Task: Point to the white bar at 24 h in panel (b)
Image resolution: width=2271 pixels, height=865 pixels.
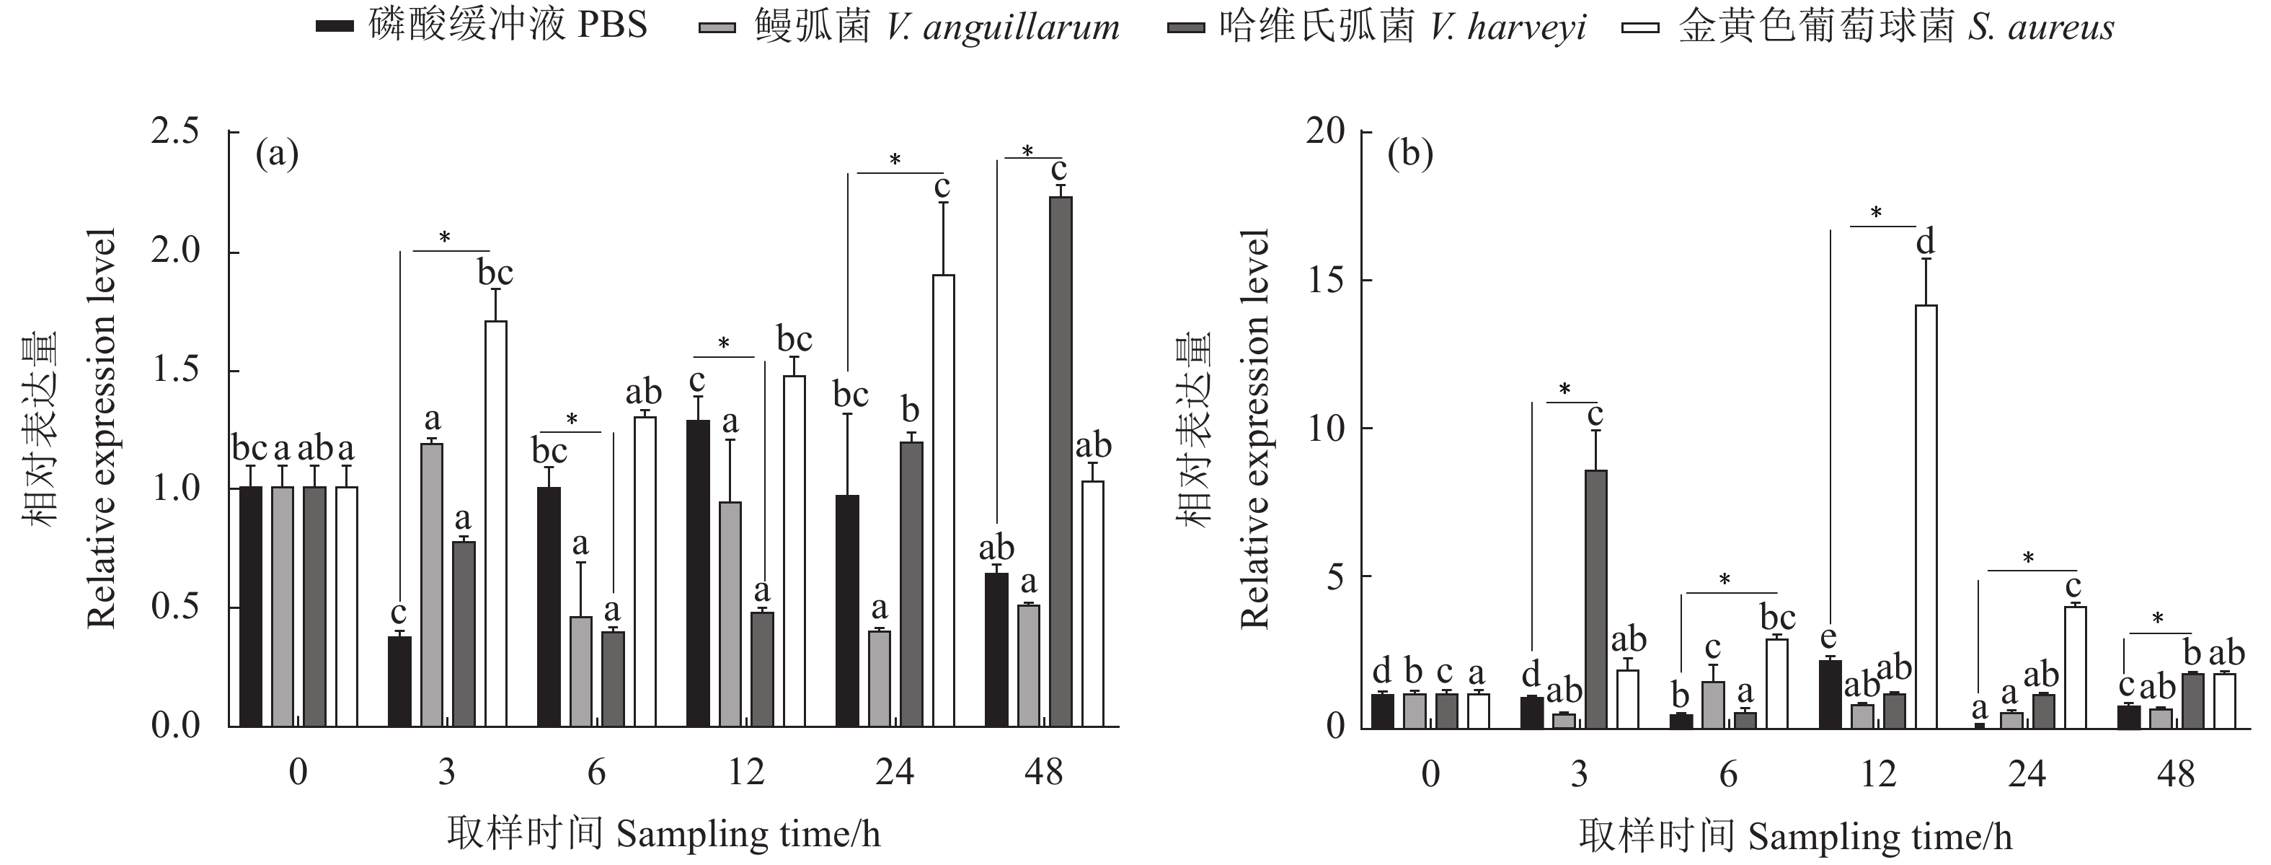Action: pos(2076,667)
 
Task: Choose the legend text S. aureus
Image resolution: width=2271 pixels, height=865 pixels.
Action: pos(2042,27)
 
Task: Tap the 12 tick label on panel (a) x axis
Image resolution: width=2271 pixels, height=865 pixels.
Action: pos(746,773)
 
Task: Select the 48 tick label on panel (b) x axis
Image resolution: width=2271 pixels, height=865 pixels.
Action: pos(2176,774)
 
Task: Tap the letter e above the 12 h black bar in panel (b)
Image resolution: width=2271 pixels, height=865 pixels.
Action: pos(1828,638)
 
